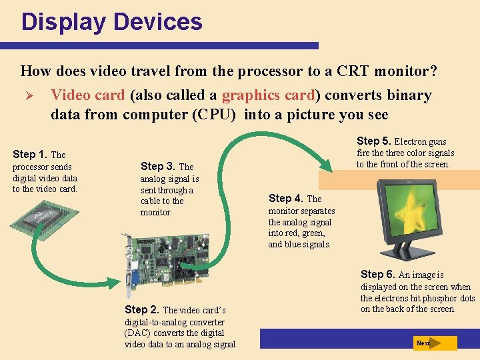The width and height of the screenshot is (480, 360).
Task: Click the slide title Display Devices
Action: click(111, 22)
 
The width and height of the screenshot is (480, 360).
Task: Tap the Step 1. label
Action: click(30, 154)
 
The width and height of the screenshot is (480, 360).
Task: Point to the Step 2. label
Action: click(143, 309)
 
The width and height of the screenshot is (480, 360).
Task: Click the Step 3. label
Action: click(159, 166)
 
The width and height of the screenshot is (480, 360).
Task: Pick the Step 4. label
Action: click(286, 198)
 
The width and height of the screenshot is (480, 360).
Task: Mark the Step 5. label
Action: click(374, 141)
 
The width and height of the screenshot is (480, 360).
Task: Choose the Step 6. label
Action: click(378, 274)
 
